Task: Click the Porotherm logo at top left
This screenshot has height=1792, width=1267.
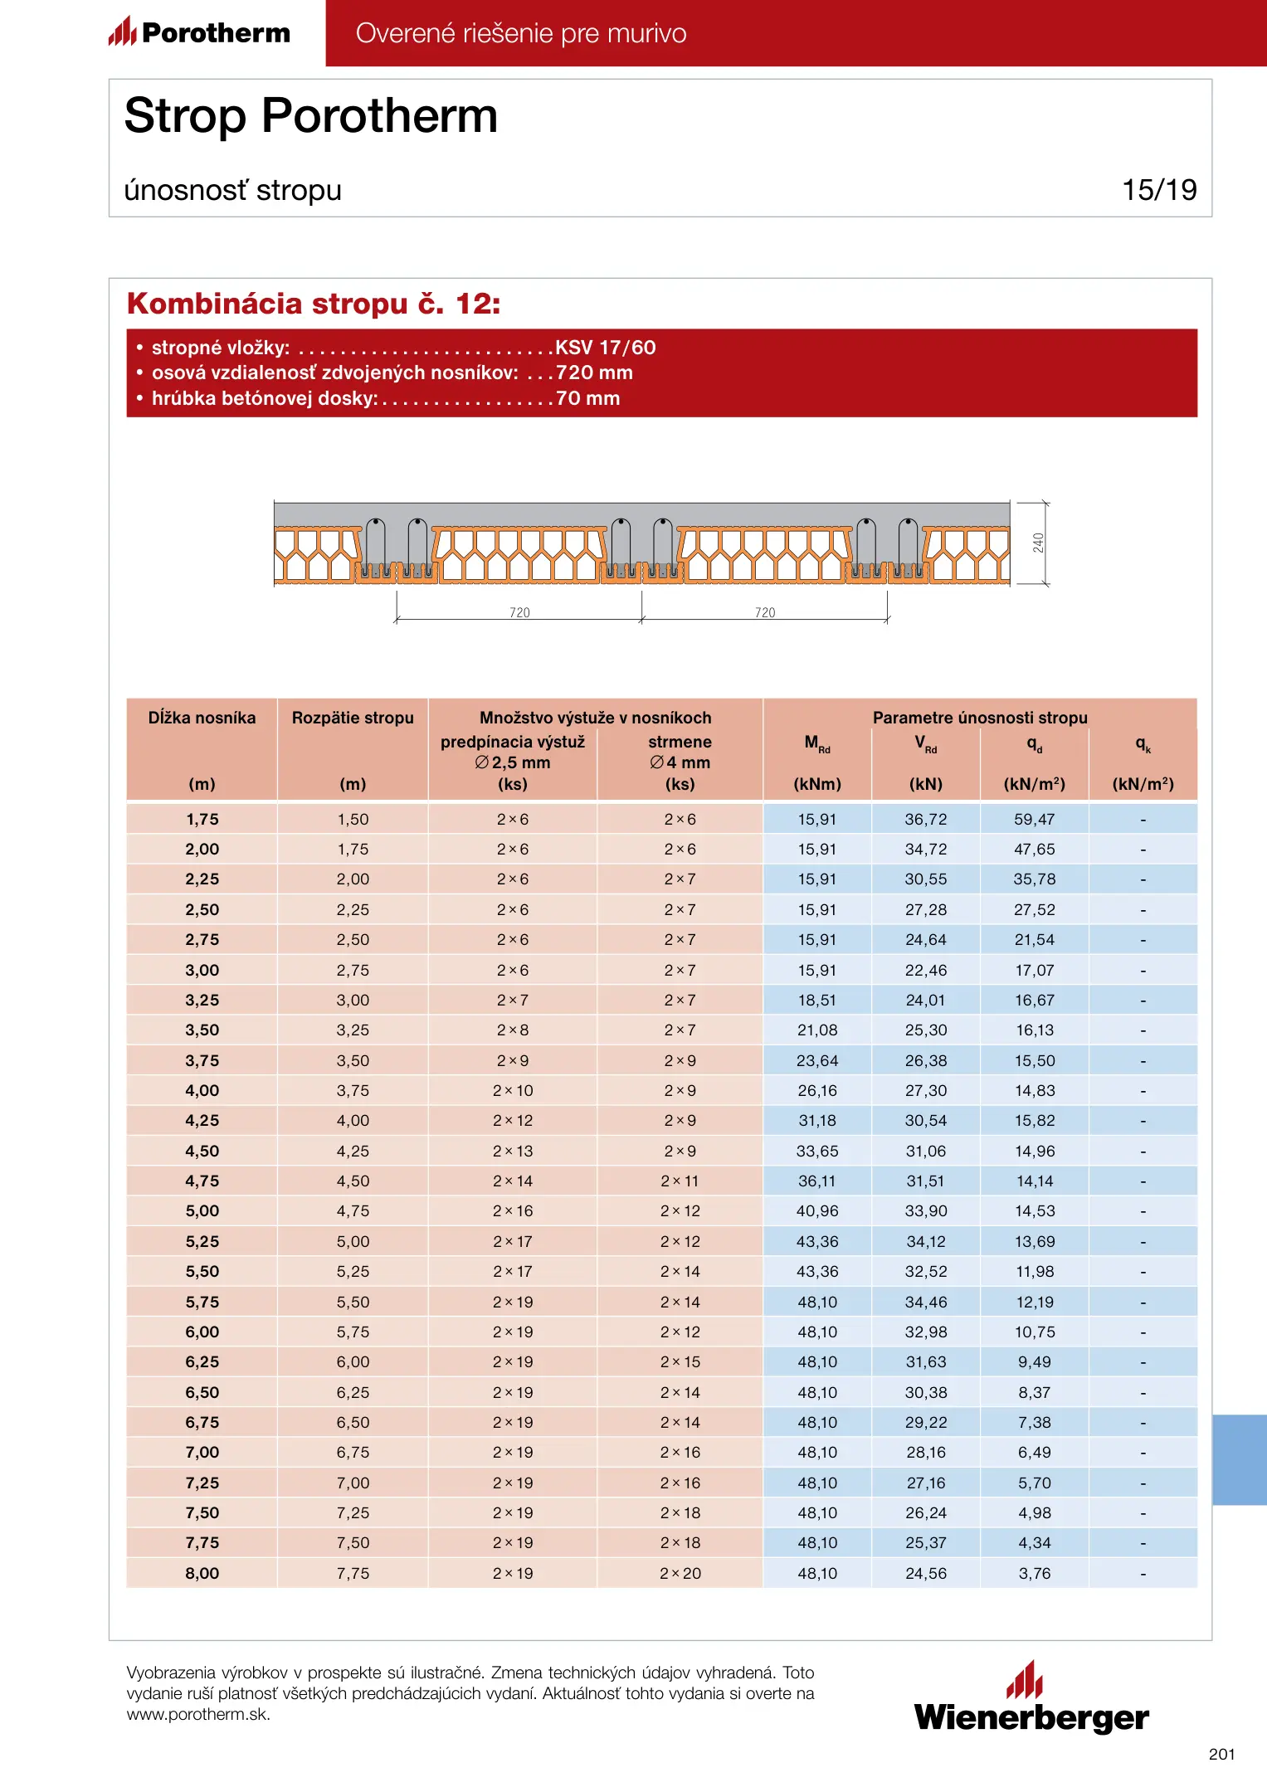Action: tap(200, 32)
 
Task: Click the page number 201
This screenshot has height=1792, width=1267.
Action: tap(1221, 1754)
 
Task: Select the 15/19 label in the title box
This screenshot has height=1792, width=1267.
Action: tap(1159, 190)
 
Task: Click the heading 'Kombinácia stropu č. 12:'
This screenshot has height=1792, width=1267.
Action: tap(314, 304)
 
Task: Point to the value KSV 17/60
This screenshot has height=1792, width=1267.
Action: tap(606, 348)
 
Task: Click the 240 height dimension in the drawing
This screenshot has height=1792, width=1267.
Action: tap(1038, 543)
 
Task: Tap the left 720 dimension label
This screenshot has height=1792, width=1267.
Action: tap(519, 612)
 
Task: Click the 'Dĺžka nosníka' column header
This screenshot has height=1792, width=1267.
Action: tap(202, 718)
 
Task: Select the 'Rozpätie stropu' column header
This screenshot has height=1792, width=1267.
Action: tap(353, 718)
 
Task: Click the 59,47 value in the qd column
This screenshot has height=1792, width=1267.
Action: tap(1034, 820)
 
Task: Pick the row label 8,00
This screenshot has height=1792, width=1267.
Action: tap(202, 1573)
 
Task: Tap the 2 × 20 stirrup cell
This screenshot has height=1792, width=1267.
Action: tap(680, 1573)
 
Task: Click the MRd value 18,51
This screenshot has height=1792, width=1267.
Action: tap(817, 1001)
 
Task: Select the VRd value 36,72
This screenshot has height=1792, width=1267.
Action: tap(926, 820)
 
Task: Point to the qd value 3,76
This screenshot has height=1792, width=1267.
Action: tap(1035, 1573)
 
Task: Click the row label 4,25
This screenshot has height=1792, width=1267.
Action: tap(202, 1121)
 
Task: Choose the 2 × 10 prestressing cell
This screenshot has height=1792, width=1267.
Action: tap(513, 1091)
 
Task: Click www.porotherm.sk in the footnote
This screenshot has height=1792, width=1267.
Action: tap(198, 1715)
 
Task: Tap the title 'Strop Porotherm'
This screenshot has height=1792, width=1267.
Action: tap(311, 115)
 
